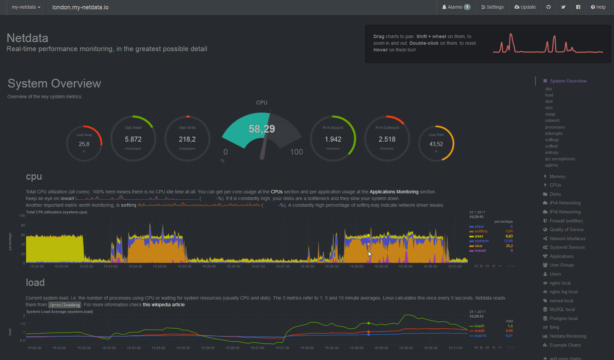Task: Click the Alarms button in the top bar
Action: pos(456,7)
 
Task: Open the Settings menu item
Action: pos(492,7)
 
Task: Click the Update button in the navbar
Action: pos(525,7)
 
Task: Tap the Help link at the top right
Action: pos(598,7)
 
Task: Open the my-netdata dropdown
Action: pos(26,7)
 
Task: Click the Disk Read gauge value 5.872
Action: pos(133,139)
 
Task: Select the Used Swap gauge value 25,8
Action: pos(84,144)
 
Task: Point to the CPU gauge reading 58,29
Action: pos(262,129)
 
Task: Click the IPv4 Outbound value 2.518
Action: pos(387,139)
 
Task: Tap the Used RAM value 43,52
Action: pos(436,144)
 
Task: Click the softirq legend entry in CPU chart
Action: pos(481,231)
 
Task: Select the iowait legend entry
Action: pos(480,250)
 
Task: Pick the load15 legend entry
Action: pos(480,336)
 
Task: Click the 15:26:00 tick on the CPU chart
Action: pos(209,266)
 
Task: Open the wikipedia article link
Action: pos(164,305)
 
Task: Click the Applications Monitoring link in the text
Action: pos(394,192)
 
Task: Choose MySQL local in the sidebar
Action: pos(562,309)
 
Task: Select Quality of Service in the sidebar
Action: pos(567,229)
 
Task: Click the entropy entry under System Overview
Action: pos(552,152)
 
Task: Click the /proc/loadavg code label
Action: pos(65,305)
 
